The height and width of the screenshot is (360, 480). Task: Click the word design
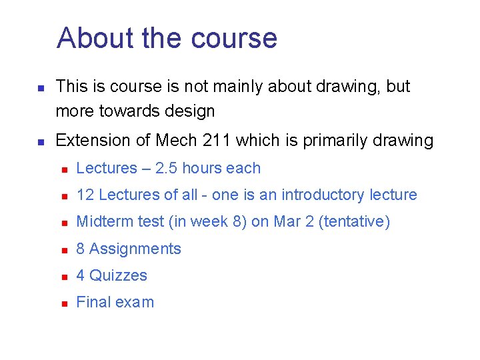[x=188, y=111]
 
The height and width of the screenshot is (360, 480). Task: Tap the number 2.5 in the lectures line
[x=167, y=169]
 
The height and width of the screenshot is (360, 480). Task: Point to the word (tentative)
[x=354, y=222]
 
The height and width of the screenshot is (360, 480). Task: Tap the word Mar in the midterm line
[x=289, y=222]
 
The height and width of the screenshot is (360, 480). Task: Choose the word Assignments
[x=135, y=249]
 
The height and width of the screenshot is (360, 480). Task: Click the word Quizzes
[x=118, y=275]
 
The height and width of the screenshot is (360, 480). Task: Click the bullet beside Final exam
[x=64, y=303]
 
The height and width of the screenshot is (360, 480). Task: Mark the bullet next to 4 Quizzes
[x=64, y=277]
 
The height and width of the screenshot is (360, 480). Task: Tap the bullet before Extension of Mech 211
[x=41, y=142]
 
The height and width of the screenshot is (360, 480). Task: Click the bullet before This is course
[x=41, y=88]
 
